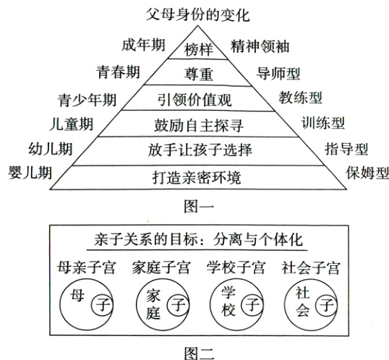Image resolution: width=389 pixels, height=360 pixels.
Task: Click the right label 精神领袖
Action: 259,46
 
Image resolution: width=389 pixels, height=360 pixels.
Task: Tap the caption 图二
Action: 196,351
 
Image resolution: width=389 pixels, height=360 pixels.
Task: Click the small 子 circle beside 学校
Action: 252,305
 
